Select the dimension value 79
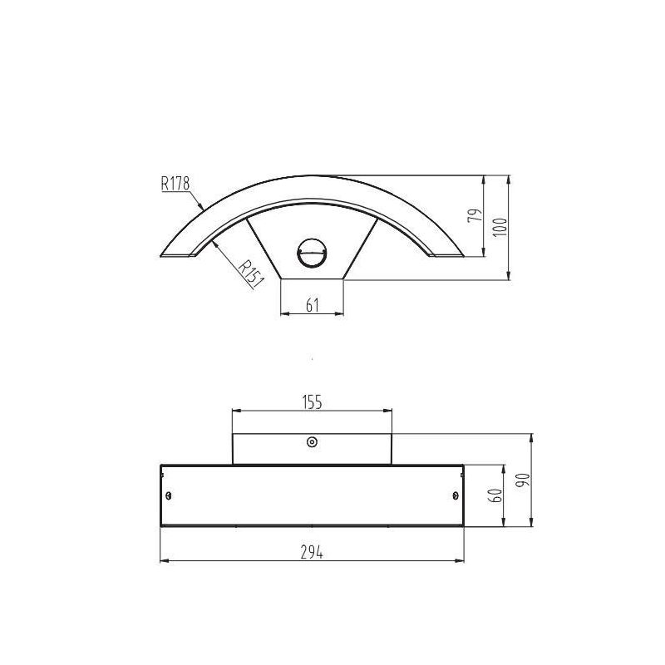click(x=475, y=217)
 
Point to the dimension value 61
click(x=313, y=305)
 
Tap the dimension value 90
click(x=521, y=480)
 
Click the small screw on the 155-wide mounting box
click(x=313, y=442)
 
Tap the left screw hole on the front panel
click(x=170, y=496)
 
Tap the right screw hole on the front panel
click(x=454, y=496)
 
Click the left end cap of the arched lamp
click(x=177, y=253)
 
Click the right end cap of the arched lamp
click(x=447, y=253)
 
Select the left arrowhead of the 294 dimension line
click(x=163, y=562)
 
